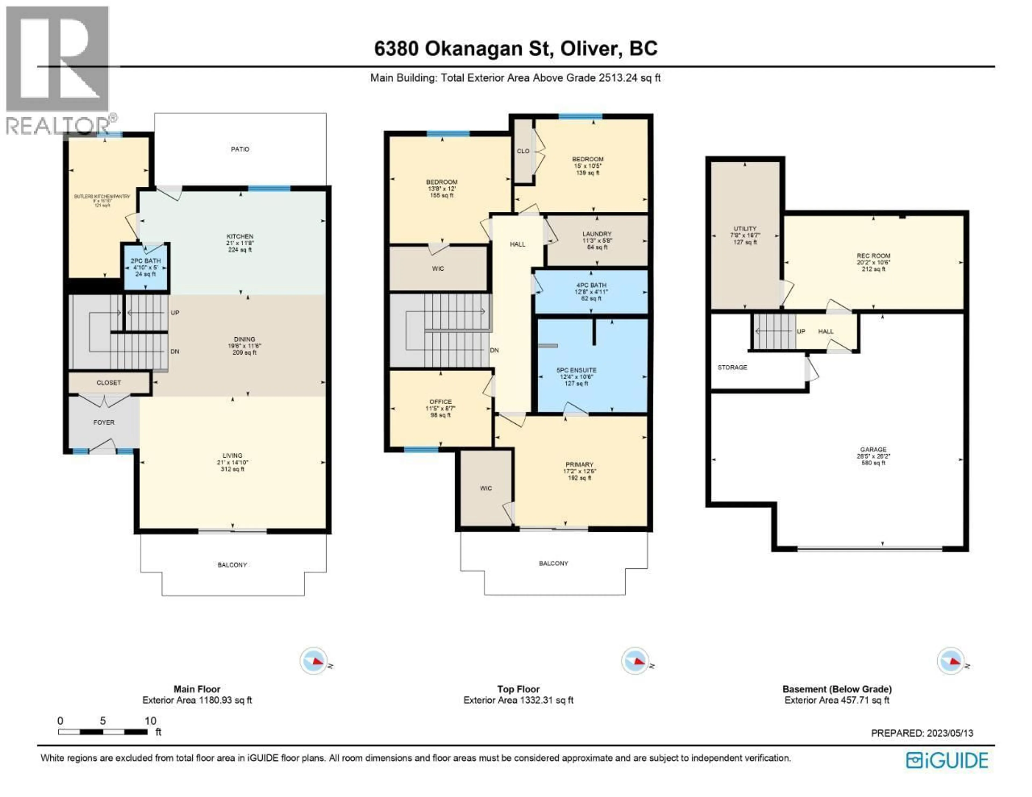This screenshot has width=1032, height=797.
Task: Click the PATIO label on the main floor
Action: click(x=240, y=149)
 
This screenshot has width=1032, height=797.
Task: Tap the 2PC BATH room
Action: click(x=146, y=267)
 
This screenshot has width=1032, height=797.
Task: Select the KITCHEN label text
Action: click(x=240, y=236)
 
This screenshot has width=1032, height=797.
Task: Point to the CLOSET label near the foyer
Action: click(x=109, y=383)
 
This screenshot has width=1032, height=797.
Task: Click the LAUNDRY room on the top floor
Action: click(x=597, y=240)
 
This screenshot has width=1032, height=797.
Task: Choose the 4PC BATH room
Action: click(x=591, y=291)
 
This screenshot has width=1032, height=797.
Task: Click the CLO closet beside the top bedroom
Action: click(x=523, y=151)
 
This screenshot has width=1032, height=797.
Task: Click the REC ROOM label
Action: click(x=873, y=255)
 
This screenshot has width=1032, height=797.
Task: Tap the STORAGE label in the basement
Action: click(x=732, y=367)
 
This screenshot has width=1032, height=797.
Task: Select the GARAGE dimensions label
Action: click(x=873, y=456)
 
